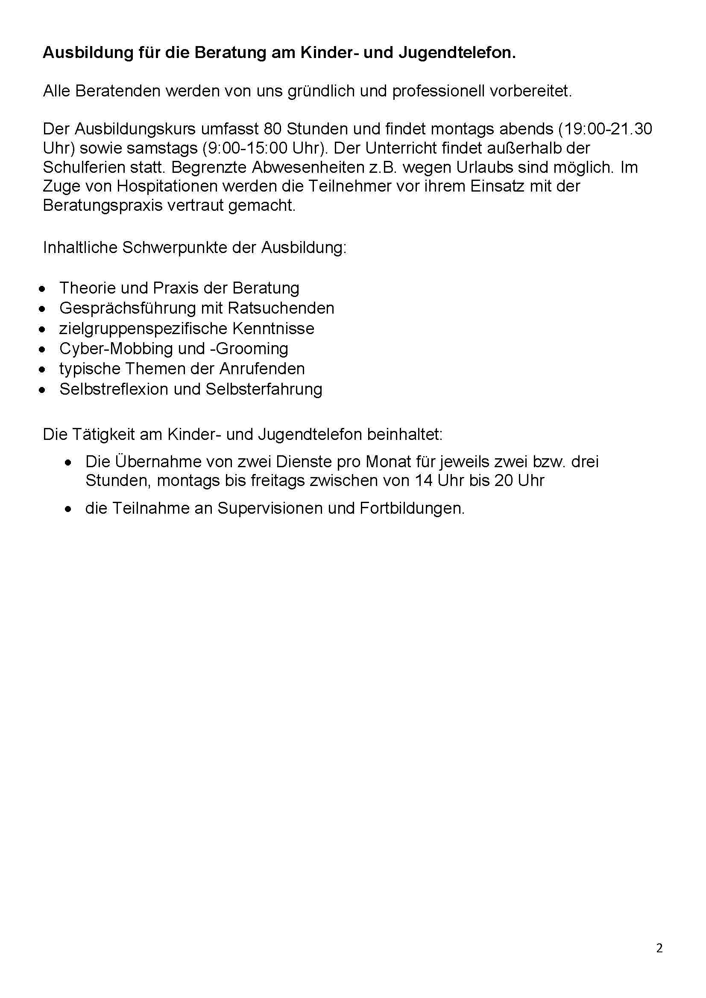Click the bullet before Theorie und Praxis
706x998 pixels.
[x=42, y=288]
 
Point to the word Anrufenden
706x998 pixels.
[x=262, y=369]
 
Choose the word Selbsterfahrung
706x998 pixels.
[x=264, y=389]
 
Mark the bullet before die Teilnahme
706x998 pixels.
[x=68, y=509]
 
